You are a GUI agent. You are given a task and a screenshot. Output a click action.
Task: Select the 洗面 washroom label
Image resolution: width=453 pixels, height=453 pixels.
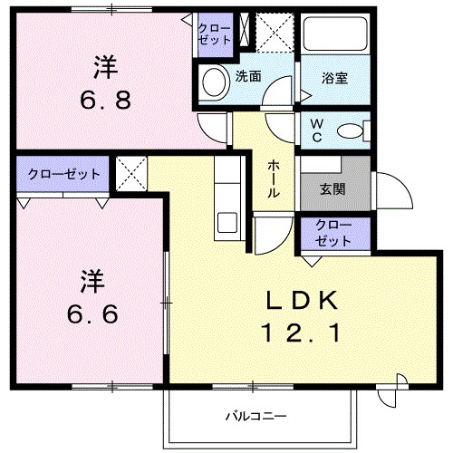[249, 77]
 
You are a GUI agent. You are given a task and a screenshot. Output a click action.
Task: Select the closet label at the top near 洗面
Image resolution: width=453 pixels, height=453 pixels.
[216, 34]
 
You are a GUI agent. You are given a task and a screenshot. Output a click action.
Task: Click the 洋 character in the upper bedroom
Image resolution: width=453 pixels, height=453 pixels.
[104, 65]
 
